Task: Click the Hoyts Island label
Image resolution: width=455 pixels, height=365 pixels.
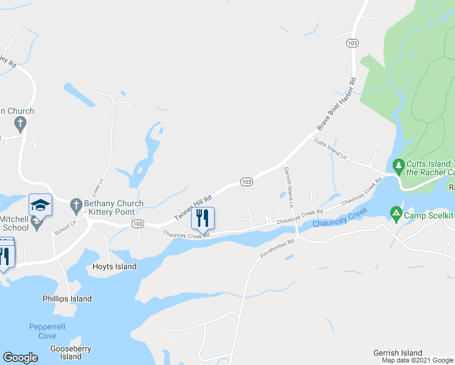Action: click(114, 267)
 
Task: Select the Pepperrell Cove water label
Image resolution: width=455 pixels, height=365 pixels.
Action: click(43, 332)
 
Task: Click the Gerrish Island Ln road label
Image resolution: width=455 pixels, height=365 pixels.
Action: click(288, 187)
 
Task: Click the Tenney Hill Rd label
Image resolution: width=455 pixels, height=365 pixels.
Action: click(193, 208)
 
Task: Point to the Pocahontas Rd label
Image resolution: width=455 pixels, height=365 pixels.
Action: click(277, 248)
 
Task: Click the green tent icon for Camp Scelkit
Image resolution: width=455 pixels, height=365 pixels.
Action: click(395, 212)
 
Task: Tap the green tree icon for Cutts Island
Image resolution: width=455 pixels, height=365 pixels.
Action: click(398, 165)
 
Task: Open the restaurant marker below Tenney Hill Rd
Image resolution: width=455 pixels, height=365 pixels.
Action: click(203, 218)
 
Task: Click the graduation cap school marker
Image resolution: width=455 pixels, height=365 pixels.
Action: click(40, 205)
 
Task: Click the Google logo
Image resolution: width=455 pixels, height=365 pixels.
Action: click(20, 358)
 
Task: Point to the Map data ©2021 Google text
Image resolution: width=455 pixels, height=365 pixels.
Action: click(417, 361)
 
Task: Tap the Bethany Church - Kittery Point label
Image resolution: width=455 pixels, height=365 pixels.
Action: click(114, 207)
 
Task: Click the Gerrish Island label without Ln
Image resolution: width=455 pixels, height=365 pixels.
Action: click(398, 353)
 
